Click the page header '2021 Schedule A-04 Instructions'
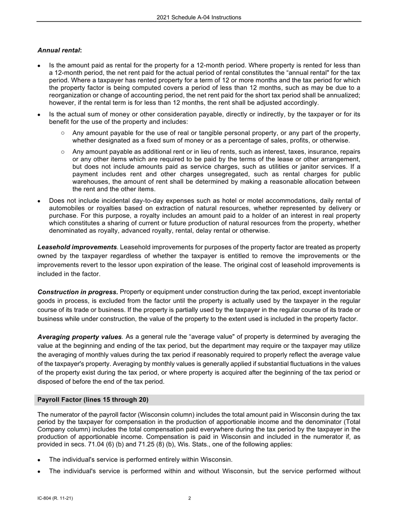pos(199,18)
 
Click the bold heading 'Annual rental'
pos(59,50)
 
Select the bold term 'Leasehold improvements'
pos(77,247)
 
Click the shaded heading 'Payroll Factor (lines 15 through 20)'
pos(93,400)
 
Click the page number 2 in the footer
pos(190,498)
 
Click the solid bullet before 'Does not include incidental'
pos(39,201)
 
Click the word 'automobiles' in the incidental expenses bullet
pos(66,208)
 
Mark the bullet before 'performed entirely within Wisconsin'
pos(39,460)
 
